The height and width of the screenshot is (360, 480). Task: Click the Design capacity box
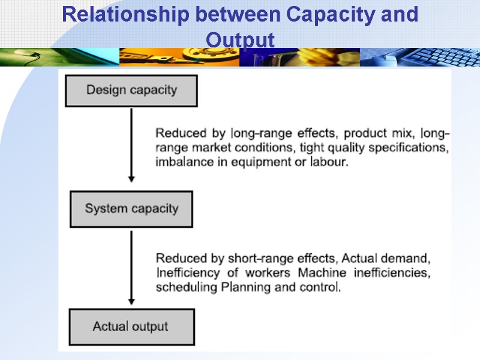(x=131, y=91)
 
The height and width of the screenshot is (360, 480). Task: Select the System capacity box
(x=131, y=209)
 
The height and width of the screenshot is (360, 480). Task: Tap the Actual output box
(x=131, y=327)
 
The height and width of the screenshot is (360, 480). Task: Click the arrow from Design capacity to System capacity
(x=131, y=144)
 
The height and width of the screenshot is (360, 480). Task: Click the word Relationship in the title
(x=123, y=14)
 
